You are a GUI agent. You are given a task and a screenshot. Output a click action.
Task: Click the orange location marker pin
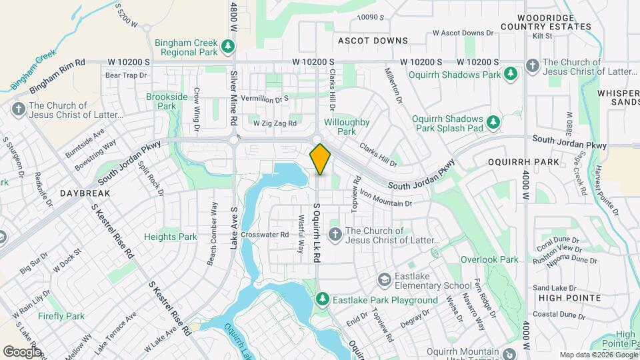click(x=320, y=159)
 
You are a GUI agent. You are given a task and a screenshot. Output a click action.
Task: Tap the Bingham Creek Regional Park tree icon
click(x=228, y=46)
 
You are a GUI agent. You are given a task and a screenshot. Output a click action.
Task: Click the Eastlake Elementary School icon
click(x=384, y=279)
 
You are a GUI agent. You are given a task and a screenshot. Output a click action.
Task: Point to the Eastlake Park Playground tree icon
click(x=321, y=300)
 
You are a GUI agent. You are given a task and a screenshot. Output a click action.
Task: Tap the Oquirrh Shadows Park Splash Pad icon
click(x=493, y=121)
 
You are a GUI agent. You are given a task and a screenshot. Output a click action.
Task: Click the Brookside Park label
click(x=162, y=101)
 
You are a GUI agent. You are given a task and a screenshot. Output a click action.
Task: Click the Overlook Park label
click(x=489, y=259)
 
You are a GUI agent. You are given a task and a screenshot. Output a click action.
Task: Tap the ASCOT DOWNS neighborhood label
click(x=373, y=41)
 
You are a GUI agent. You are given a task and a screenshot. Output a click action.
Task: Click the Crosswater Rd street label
click(x=265, y=234)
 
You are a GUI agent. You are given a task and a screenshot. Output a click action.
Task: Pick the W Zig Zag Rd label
click(x=274, y=123)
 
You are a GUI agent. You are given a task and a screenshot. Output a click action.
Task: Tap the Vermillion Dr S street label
click(x=267, y=98)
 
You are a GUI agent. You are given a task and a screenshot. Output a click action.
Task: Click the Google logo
click(x=22, y=351)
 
